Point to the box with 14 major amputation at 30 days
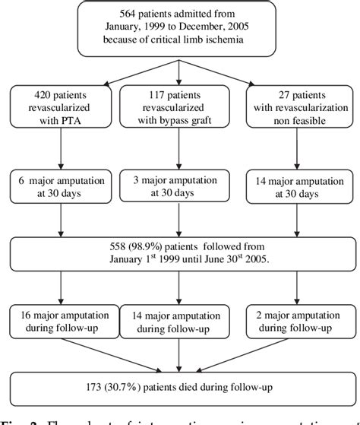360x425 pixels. click(x=298, y=185)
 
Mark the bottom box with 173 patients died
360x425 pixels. click(x=179, y=385)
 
